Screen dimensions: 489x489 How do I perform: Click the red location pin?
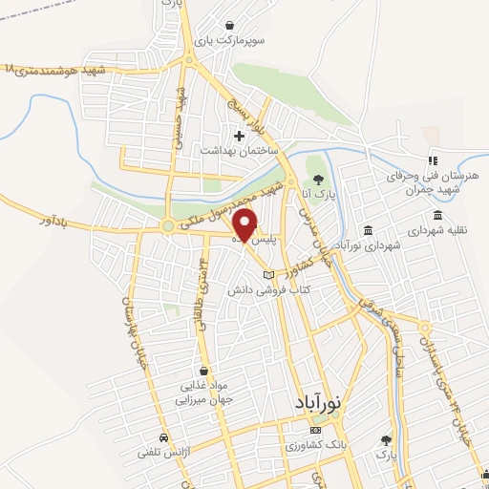246,223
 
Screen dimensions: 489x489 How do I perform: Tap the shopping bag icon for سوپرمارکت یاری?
230,25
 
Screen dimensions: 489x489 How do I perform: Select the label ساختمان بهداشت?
238,151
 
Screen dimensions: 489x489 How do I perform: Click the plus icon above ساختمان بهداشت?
238,136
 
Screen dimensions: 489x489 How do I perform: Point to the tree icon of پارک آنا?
313,179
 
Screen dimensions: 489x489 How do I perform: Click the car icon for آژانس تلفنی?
164,436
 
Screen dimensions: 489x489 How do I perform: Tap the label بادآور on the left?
58,222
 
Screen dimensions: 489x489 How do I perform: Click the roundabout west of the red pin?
168,226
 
